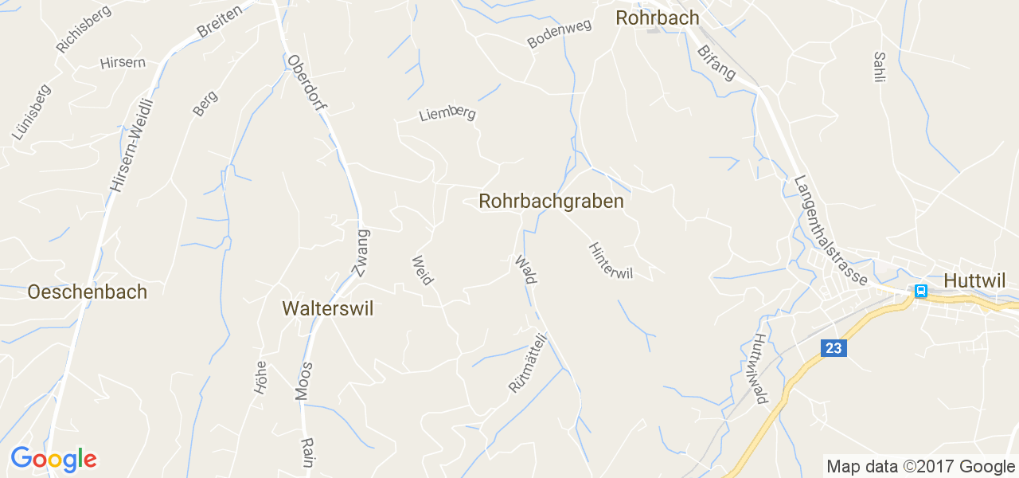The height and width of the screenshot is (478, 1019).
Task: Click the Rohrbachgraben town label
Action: pos(551,202)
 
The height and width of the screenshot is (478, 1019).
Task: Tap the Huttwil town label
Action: pos(974,280)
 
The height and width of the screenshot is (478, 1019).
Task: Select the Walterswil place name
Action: pos(327,309)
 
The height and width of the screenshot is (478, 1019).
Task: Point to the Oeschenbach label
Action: pos(87,292)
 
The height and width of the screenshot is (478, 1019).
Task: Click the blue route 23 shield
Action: pos(833,348)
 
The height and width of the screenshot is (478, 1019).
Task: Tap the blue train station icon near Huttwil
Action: pos(921,291)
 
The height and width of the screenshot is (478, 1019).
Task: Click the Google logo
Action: pos(53,459)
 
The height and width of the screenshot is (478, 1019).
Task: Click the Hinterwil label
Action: pos(611,261)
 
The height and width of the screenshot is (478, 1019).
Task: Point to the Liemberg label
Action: pos(447,114)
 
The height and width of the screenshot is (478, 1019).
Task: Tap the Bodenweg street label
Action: pos(560,35)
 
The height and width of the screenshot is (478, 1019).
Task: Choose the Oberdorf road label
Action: pos(307,82)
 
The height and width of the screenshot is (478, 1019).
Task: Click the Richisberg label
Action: pos(84,28)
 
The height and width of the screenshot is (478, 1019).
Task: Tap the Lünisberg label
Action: pos(31,112)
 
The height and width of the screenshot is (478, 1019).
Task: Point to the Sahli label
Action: pos(879,68)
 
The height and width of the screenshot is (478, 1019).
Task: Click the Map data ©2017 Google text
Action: pos(919,467)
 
